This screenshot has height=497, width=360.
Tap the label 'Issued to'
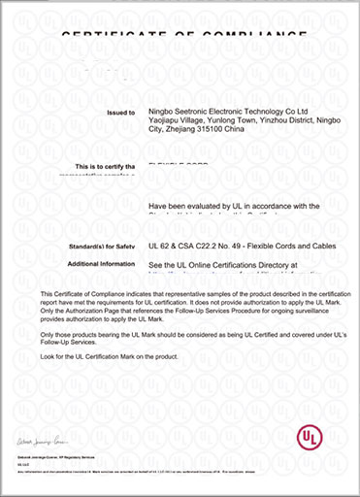(119, 113)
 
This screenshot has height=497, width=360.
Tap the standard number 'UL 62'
(160, 247)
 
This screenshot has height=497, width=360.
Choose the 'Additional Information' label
(100, 263)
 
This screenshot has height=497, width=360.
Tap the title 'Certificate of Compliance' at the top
(180, 34)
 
